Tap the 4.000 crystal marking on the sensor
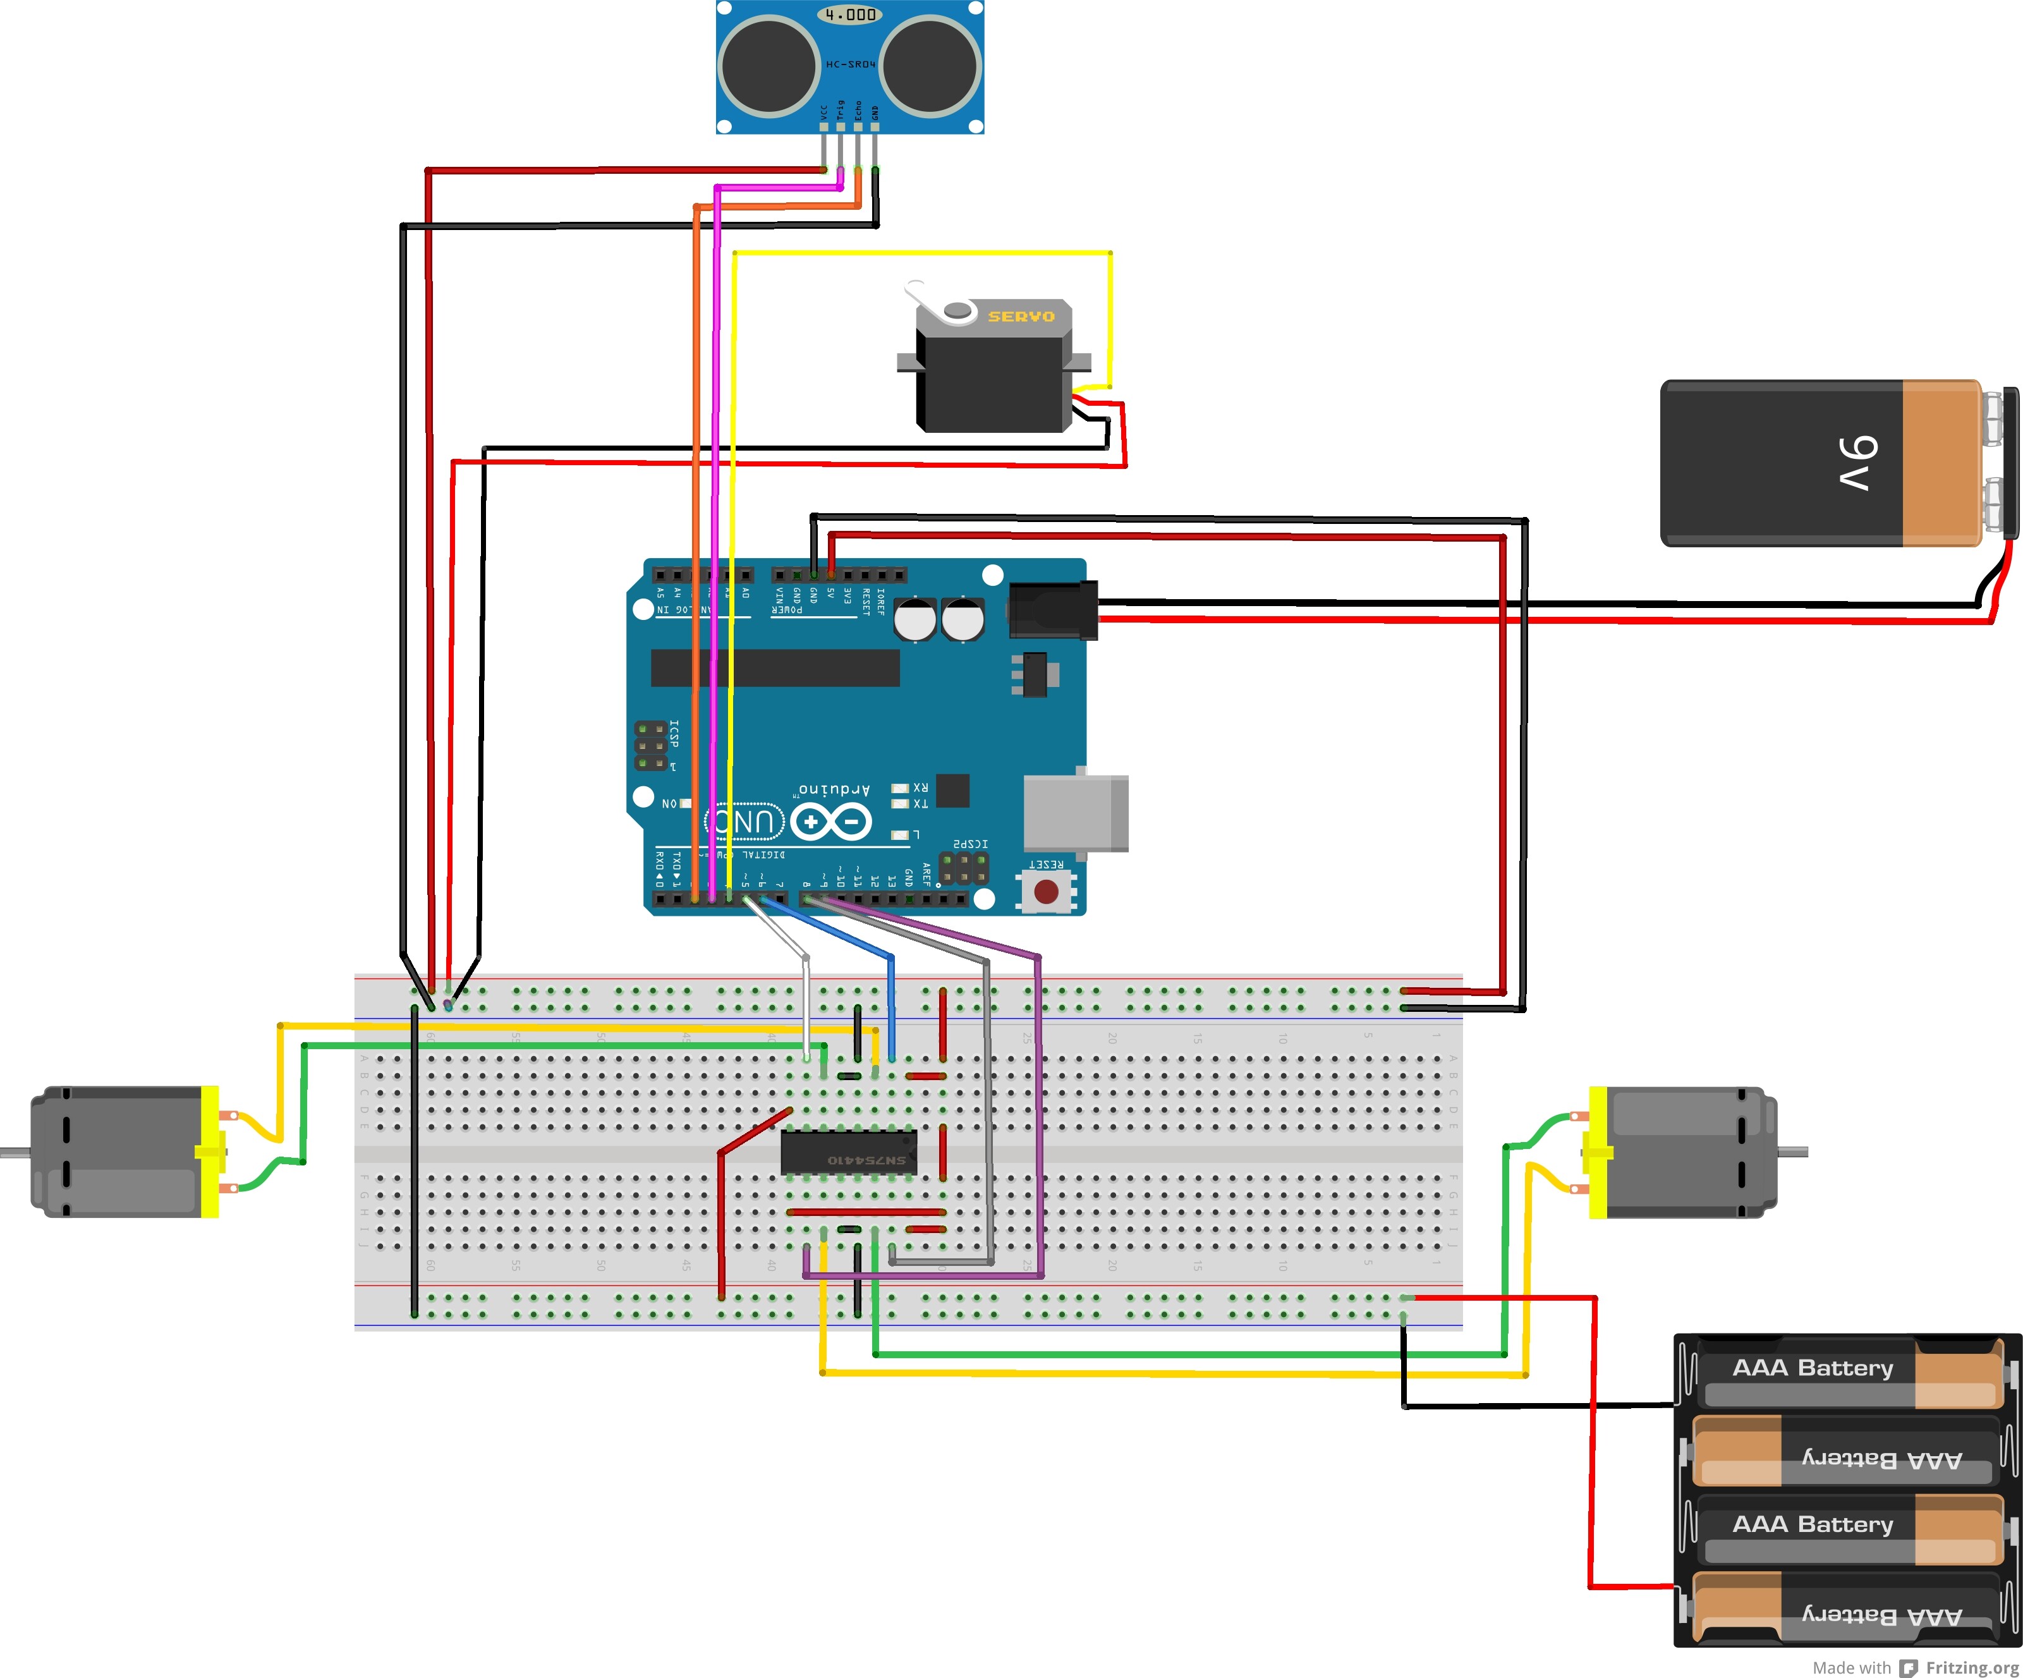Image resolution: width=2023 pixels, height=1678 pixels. (x=849, y=15)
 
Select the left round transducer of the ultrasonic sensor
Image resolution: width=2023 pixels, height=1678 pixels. (x=768, y=66)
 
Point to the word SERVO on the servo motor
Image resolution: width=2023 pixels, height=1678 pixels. (x=1021, y=316)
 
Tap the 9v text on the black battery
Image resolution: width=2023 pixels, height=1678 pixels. (x=1858, y=463)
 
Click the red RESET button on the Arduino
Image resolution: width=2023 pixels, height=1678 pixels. (x=1046, y=891)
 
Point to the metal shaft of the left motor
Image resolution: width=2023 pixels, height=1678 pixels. (x=15, y=1152)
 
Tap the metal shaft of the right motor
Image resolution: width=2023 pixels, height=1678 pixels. (x=1793, y=1152)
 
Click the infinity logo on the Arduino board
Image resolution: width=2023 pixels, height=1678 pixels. (x=831, y=822)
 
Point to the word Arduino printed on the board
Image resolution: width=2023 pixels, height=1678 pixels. (x=834, y=790)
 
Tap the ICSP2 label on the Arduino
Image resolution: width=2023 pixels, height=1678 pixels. (x=970, y=844)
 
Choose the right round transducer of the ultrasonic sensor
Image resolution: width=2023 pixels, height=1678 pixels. (x=930, y=66)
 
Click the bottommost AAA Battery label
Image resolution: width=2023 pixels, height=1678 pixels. (x=1881, y=1616)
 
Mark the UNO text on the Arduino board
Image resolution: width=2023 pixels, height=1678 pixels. (x=746, y=822)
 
